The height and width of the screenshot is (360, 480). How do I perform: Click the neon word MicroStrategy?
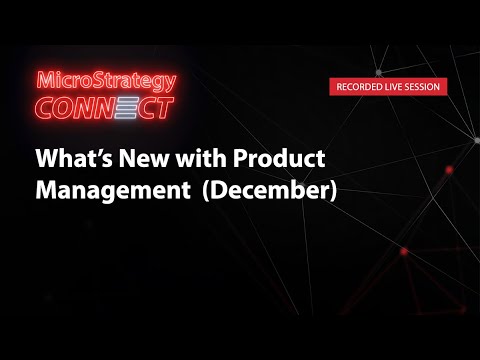[x=104, y=81]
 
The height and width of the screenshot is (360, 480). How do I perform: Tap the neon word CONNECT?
[x=104, y=107]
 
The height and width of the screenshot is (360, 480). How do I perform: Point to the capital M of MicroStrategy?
[x=45, y=81]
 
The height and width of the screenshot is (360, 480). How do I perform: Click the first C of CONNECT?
[x=46, y=107]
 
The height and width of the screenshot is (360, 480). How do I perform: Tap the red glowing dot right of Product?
[x=449, y=170]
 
